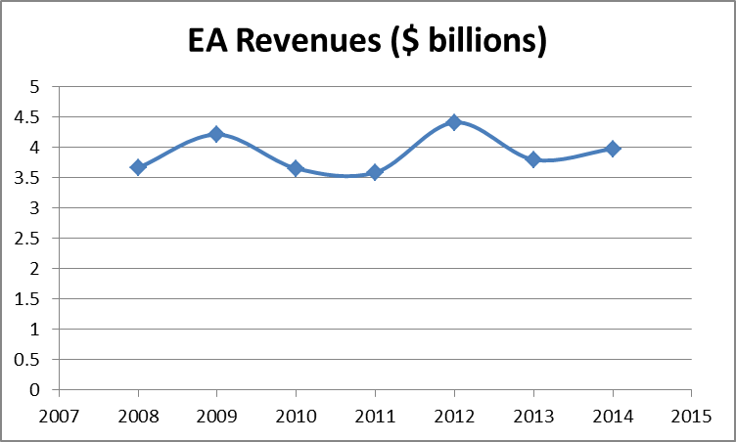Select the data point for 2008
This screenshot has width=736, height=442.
138,167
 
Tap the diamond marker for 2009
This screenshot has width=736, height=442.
217,134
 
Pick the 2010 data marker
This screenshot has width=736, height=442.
296,168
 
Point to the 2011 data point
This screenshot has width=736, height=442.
375,172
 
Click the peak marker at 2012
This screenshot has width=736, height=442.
454,122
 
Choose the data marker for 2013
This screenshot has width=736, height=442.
533,158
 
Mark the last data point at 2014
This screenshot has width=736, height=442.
613,149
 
